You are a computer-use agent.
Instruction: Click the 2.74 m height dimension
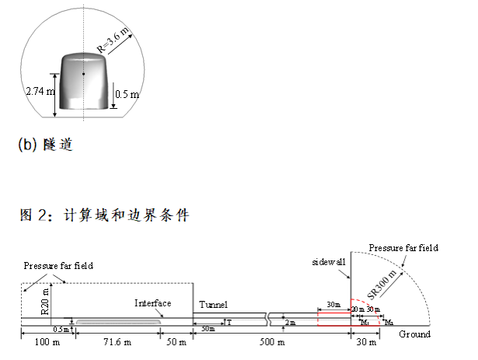coord(40,91)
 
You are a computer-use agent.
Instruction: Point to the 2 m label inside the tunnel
coord(290,322)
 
